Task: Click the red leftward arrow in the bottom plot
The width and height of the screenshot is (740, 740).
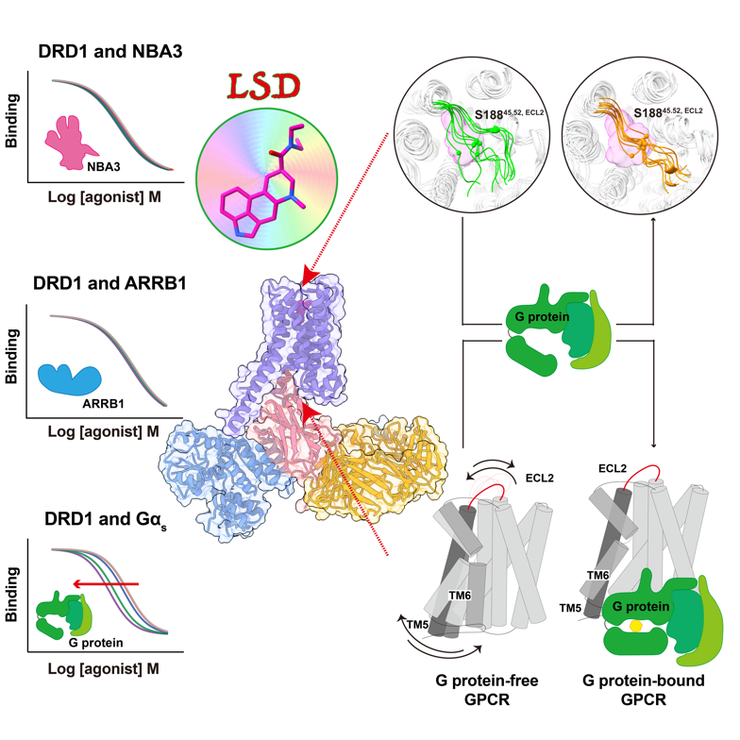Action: [110, 584]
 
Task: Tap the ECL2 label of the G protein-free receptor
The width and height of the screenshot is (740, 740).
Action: [539, 479]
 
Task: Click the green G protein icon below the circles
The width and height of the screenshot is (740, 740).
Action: [547, 327]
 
